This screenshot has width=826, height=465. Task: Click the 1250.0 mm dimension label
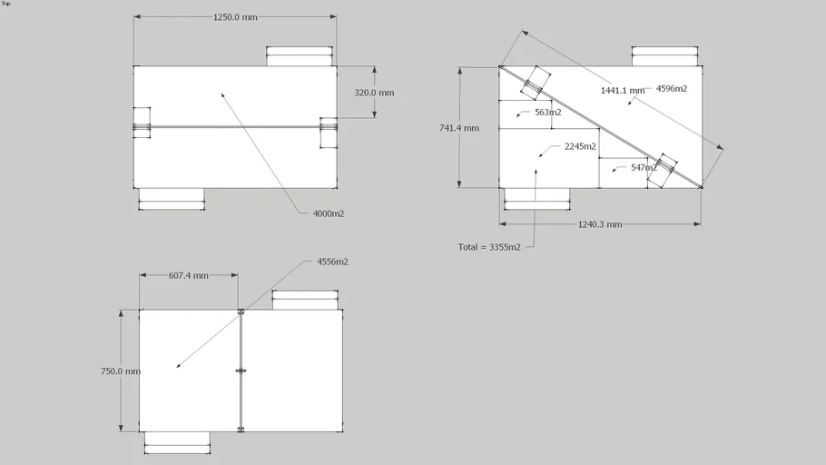pyautogui.click(x=234, y=16)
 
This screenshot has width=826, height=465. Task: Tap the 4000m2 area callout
pyautogui.click(x=328, y=213)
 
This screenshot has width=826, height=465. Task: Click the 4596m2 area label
pyautogui.click(x=671, y=88)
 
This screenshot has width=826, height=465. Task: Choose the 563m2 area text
pyautogui.click(x=546, y=113)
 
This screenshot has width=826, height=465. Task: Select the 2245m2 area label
pyautogui.click(x=580, y=146)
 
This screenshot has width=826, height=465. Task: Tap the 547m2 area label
pyautogui.click(x=644, y=167)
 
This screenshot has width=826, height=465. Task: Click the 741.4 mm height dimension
pyautogui.click(x=458, y=128)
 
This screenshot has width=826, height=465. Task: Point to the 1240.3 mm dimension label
pyautogui.click(x=600, y=224)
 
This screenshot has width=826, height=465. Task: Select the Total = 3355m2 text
pyautogui.click(x=489, y=247)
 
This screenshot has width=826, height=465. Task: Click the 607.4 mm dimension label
pyautogui.click(x=189, y=275)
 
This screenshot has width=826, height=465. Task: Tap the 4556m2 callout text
pyautogui.click(x=332, y=262)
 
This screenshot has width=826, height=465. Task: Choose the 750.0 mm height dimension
pyautogui.click(x=120, y=371)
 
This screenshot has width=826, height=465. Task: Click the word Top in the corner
pyautogui.click(x=6, y=4)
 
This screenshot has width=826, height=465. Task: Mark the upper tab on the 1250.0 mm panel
pyautogui.click(x=299, y=56)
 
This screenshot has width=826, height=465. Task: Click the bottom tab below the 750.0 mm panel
pyautogui.click(x=177, y=441)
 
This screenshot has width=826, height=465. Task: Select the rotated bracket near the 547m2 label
pyautogui.click(x=662, y=170)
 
